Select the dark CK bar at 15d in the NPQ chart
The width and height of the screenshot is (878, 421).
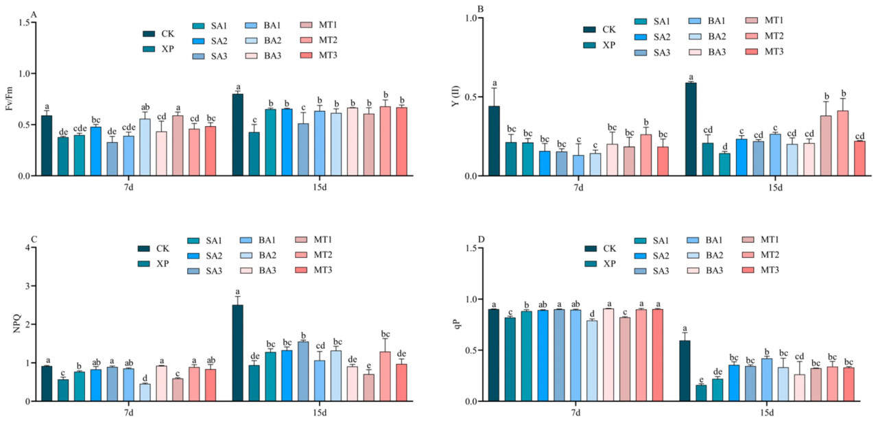tap(237, 353)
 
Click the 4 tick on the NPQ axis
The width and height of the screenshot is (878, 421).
tap(29, 248)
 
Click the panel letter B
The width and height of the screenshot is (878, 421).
tap(480, 9)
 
